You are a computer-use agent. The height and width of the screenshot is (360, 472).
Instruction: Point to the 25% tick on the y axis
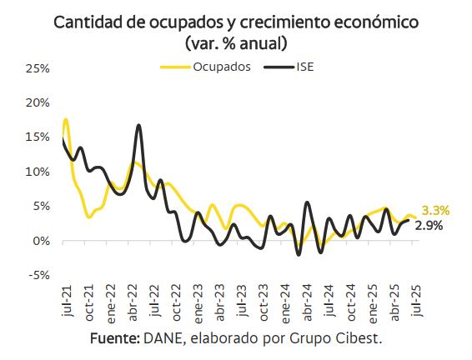38,67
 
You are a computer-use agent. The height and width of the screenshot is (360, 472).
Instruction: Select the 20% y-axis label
38,102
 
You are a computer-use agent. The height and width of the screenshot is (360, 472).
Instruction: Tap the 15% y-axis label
38,137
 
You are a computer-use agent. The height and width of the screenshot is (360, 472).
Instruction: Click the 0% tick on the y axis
42,241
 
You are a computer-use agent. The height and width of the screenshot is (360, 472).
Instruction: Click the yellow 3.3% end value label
435,210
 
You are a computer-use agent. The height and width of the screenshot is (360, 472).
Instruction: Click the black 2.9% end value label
429,226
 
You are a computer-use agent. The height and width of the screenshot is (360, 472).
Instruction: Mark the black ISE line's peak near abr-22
138,126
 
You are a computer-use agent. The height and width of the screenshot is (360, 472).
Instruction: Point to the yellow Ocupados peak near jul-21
66,120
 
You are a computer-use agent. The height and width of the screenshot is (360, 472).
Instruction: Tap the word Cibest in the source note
362,340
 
